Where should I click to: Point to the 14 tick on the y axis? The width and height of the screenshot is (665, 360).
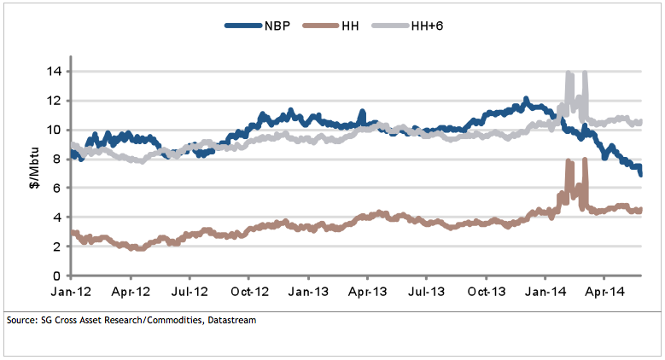55,71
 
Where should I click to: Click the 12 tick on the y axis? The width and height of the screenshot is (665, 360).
55,101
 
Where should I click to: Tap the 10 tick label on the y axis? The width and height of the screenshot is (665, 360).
55,130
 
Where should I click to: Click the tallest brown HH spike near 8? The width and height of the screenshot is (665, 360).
585,161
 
